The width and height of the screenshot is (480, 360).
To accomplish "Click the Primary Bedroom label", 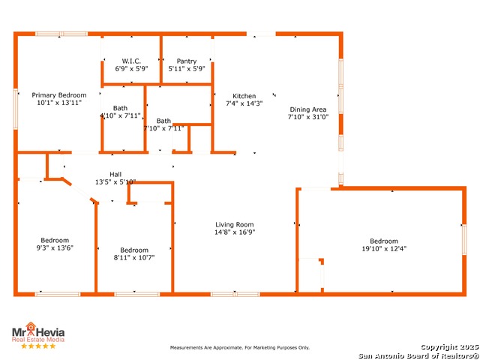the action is [x=59, y=95].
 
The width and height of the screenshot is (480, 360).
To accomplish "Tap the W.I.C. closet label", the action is [x=131, y=61].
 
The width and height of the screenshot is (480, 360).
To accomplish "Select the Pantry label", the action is [x=187, y=61].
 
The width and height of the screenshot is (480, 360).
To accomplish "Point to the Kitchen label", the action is [x=244, y=96].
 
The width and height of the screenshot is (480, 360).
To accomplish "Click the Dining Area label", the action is [x=308, y=109].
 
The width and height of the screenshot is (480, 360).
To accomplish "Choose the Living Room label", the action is [x=235, y=225].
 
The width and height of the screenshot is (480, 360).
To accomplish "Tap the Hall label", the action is [x=115, y=174].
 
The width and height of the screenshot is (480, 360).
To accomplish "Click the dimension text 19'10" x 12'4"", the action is [x=384, y=248].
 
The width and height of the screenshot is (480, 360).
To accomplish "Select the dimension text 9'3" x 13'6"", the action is [x=55, y=247].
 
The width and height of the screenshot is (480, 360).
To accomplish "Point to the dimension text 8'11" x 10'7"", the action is [x=134, y=258].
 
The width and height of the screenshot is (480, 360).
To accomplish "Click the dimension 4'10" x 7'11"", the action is [x=120, y=115].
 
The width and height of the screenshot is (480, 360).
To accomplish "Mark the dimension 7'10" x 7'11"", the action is [x=163, y=128].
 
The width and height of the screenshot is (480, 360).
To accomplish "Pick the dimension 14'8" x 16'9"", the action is [x=235, y=232].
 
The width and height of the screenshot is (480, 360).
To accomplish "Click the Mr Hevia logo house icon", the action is [x=31, y=326].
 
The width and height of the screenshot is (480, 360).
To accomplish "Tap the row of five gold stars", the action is [x=38, y=346].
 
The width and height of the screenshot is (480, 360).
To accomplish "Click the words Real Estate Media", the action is [x=38, y=340].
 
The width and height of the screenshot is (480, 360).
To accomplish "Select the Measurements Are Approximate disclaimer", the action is [x=240, y=347].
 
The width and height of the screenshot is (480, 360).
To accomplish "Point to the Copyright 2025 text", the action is [x=449, y=346].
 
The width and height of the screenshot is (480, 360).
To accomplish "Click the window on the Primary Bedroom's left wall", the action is [x=16, y=109].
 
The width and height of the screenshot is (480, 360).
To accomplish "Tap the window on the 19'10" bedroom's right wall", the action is [x=464, y=239].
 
